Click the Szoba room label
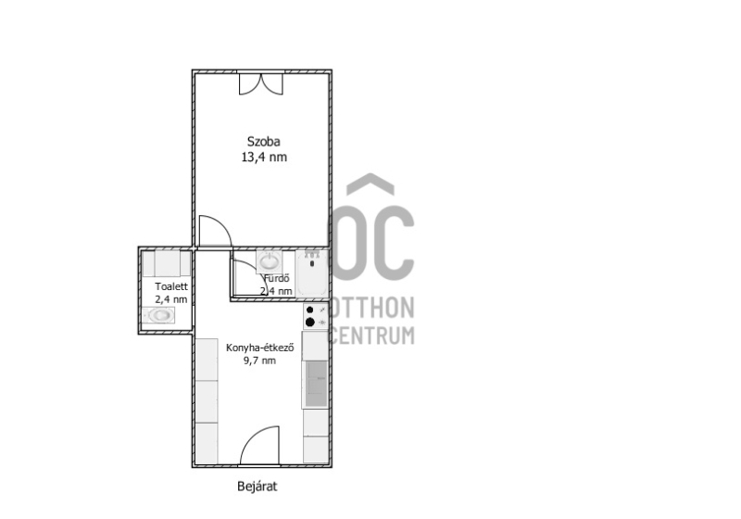[x=264, y=141]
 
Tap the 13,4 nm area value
[x=264, y=157]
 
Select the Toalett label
[x=171, y=286]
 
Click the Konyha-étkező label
[x=260, y=348]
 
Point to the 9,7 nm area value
[x=259, y=361]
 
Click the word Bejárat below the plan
[x=257, y=487]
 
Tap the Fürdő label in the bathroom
[x=276, y=278]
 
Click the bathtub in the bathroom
[x=311, y=273]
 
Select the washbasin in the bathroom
[x=270, y=261]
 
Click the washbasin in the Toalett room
[x=159, y=315]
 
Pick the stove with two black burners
[x=315, y=316]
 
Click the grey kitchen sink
[x=315, y=384]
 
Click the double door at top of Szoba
[x=261, y=84]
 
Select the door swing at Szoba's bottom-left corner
[x=215, y=231]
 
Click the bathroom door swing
[x=250, y=277]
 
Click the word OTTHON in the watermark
[x=371, y=308]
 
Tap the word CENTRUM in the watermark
[x=371, y=335]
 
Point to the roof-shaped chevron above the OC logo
[x=370, y=184]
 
